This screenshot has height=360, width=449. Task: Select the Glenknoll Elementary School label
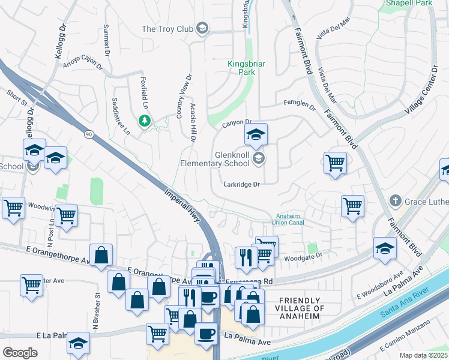point(215,159)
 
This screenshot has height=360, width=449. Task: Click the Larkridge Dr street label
point(241,185)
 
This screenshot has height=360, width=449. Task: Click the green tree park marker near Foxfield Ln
point(144,121)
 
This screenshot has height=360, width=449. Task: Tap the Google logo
point(20,353)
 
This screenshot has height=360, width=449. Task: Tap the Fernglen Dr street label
point(300,106)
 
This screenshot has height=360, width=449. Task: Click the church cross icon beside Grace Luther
point(395,200)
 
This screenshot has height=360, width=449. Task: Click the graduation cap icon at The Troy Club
point(202,28)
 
